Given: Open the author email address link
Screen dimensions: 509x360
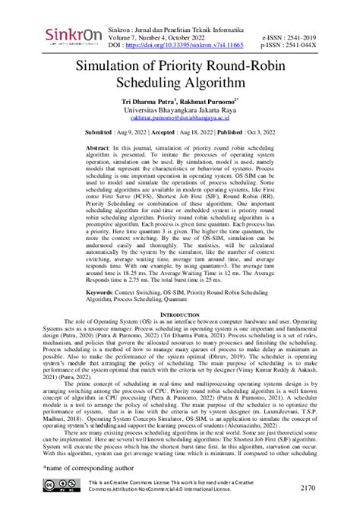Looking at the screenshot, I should (x=180, y=119).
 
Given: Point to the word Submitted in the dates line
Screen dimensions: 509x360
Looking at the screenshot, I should (x=103, y=131).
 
